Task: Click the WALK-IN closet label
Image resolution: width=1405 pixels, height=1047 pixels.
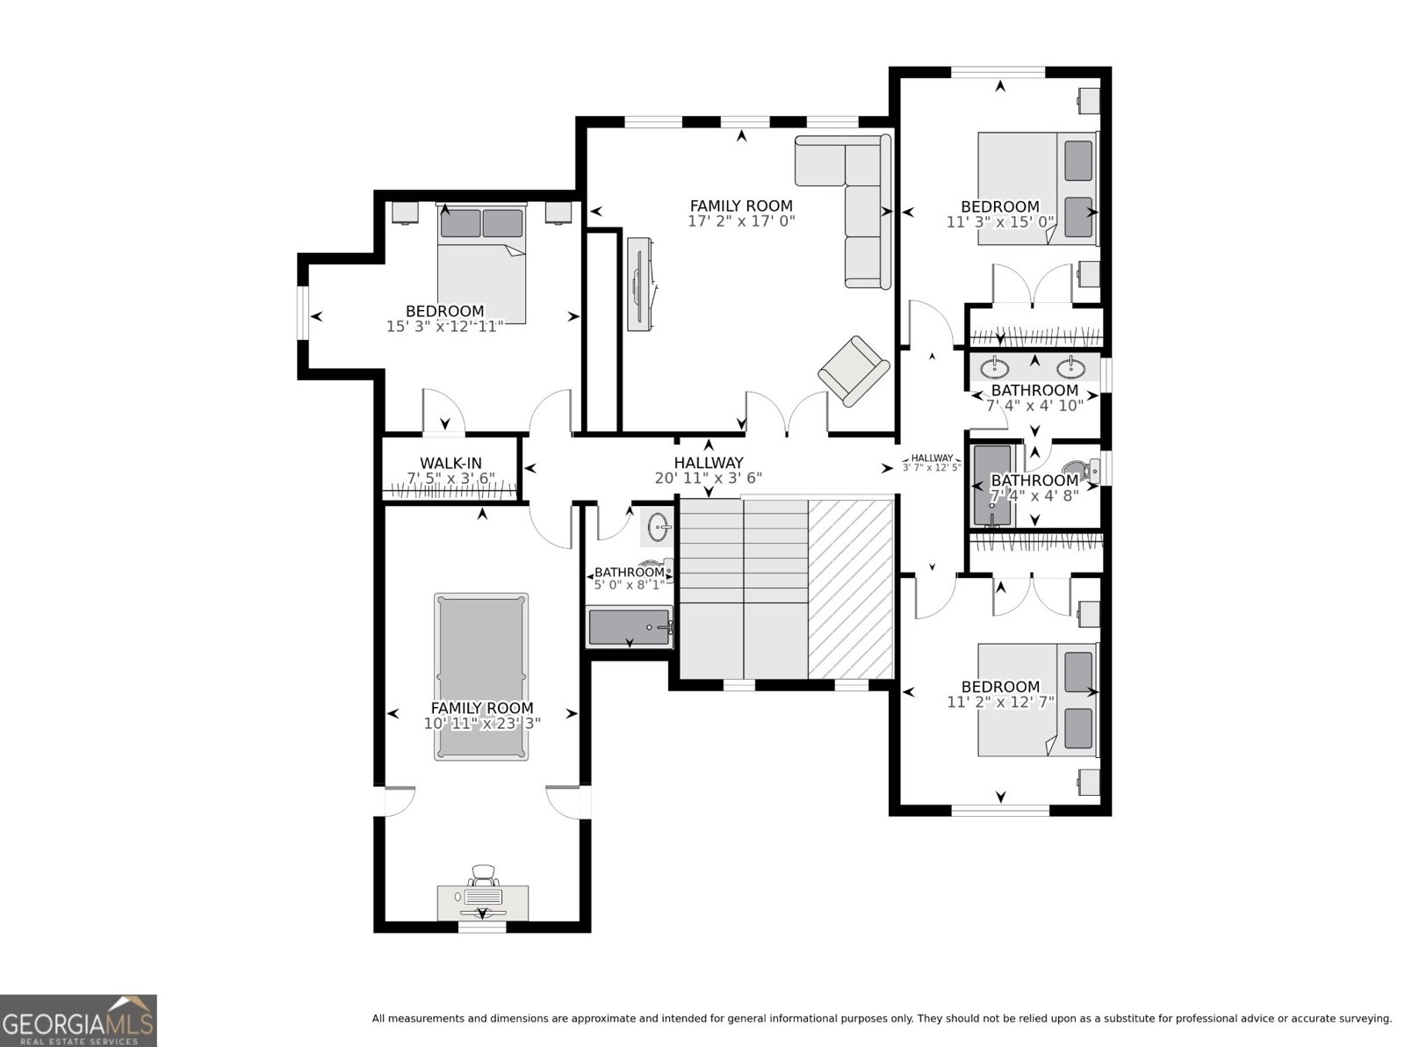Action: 450,463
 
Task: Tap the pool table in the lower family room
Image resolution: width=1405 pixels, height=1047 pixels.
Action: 481,676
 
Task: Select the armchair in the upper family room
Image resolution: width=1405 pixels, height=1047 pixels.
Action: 854,371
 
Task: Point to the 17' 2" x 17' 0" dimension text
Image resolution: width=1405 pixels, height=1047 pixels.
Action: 741,221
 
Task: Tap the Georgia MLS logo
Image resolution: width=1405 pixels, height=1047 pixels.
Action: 78,1021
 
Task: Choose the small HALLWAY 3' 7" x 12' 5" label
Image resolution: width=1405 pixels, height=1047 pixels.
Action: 932,463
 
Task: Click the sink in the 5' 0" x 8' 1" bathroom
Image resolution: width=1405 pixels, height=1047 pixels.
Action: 660,526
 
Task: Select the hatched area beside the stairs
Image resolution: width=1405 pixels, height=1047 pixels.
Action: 851,588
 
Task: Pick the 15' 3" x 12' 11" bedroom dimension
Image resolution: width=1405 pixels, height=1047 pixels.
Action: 444,326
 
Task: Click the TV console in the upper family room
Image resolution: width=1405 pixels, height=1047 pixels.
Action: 642,284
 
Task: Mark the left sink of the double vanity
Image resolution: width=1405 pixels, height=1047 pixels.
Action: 996,367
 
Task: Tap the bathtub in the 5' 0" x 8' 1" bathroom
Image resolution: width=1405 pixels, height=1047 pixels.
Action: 630,626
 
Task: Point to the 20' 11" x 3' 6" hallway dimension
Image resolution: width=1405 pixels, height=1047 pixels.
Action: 708,478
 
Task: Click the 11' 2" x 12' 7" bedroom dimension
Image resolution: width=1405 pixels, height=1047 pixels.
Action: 1001,702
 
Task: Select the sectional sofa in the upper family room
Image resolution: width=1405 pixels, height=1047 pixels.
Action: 844,211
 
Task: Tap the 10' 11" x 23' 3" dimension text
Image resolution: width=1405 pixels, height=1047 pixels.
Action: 482,723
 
